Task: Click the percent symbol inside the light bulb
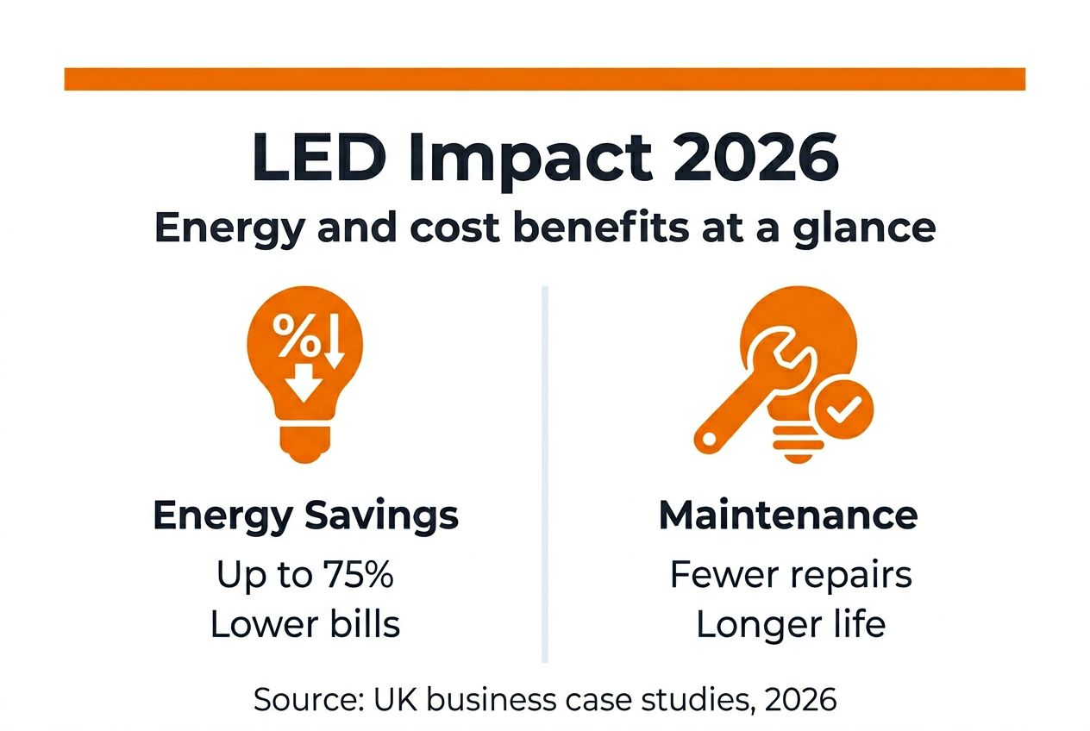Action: tap(296, 336)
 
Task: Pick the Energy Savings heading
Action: tap(305, 515)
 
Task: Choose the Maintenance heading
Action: tap(788, 515)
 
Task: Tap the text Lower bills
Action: tap(305, 625)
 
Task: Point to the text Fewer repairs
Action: tap(791, 575)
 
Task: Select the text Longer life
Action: tap(791, 625)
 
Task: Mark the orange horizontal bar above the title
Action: tap(544, 79)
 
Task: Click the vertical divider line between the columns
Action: tap(545, 474)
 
